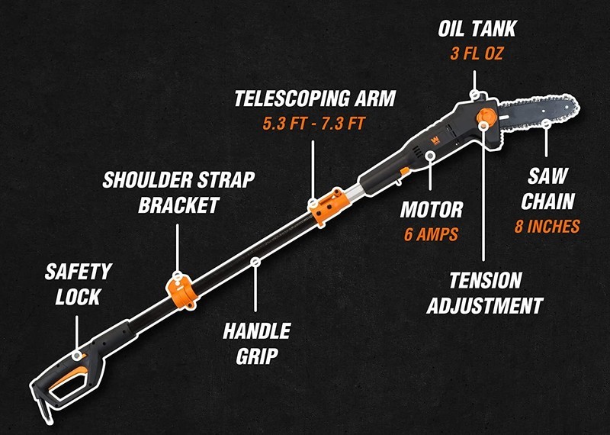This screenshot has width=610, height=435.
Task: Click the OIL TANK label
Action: click(x=477, y=28)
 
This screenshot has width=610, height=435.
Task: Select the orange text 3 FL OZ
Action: click(x=477, y=53)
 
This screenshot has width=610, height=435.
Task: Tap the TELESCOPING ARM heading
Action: click(x=315, y=98)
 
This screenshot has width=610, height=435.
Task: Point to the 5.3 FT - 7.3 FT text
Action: click(x=313, y=124)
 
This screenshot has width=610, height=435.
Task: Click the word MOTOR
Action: click(x=432, y=210)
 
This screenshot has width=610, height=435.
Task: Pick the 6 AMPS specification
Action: click(x=431, y=234)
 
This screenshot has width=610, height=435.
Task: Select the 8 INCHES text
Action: click(x=547, y=226)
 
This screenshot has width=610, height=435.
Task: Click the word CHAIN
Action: click(x=547, y=201)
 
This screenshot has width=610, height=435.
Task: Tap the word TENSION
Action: click(x=486, y=280)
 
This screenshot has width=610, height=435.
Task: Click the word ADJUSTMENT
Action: click(x=485, y=305)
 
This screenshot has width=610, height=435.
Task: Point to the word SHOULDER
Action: click(x=147, y=180)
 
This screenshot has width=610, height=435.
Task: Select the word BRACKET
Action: click(x=179, y=205)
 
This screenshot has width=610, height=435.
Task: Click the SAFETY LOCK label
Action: click(x=79, y=285)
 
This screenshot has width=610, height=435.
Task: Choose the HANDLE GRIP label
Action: click(x=257, y=343)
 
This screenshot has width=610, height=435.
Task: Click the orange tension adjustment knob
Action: click(x=486, y=118)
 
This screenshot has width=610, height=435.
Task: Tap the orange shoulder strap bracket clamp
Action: click(x=182, y=292)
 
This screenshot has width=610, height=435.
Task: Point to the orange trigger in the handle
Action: click(x=68, y=376)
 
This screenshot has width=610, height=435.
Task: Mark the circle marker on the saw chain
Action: click(x=546, y=124)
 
